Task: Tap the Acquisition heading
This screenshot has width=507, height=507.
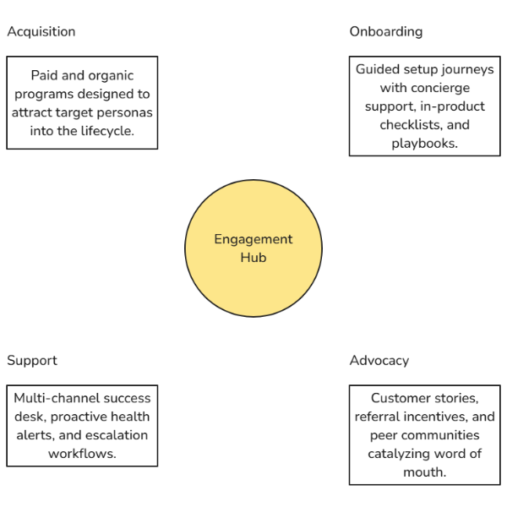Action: click(x=41, y=32)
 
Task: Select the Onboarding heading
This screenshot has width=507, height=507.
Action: click(x=385, y=32)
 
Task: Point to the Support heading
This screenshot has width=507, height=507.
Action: click(x=32, y=361)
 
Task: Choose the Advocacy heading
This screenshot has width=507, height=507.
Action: click(x=379, y=361)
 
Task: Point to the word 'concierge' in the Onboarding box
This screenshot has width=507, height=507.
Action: click(x=439, y=88)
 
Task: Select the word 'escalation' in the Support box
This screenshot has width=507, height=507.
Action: click(x=114, y=435)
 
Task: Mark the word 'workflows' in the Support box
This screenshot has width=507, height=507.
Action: click(x=81, y=454)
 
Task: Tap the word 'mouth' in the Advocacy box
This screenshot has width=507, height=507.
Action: click(x=425, y=472)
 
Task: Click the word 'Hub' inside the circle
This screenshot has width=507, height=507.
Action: click(x=253, y=258)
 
